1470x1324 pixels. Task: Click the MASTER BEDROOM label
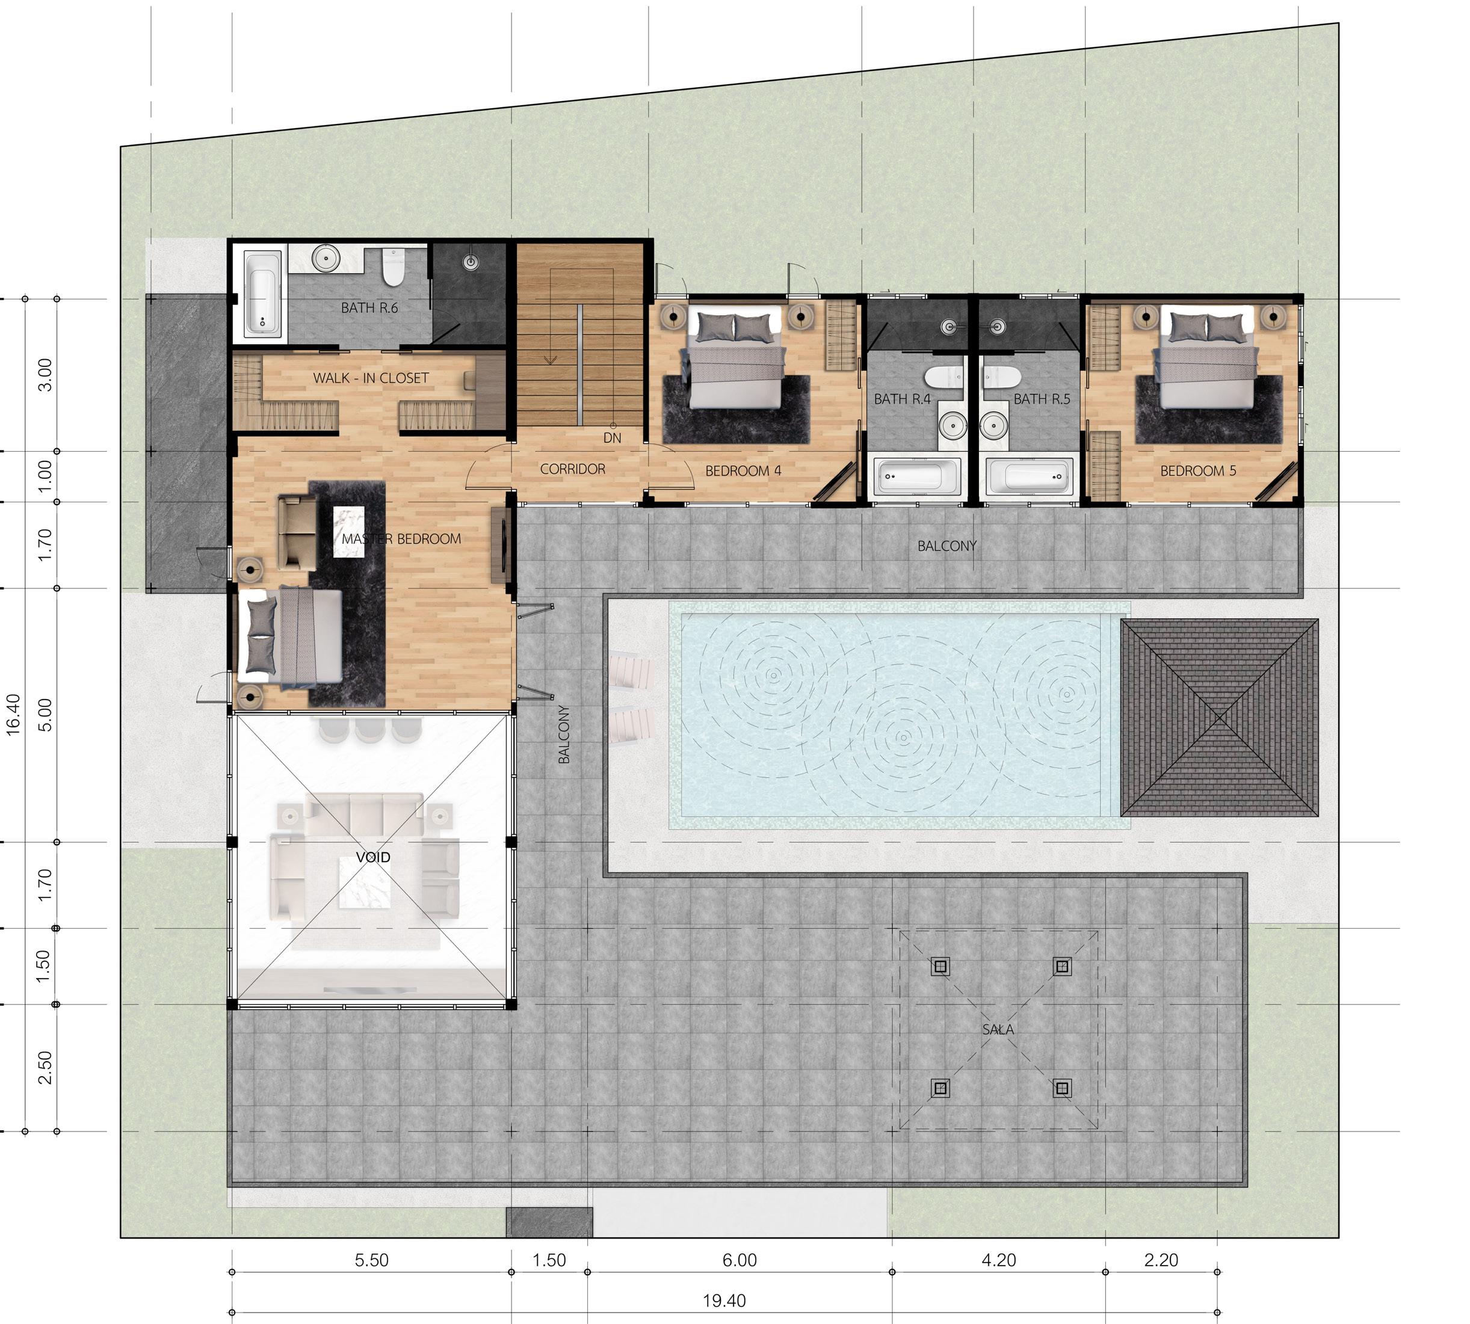pyautogui.click(x=401, y=539)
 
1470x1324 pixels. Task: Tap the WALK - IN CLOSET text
pyautogui.click(x=371, y=378)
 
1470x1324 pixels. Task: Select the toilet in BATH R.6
pyautogui.click(x=393, y=268)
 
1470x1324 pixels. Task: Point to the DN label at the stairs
pyautogui.click(x=612, y=438)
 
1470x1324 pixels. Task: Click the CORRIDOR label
pyautogui.click(x=572, y=469)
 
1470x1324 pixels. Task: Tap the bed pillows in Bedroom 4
pyautogui.click(x=737, y=327)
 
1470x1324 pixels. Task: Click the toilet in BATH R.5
pyautogui.click(x=1001, y=376)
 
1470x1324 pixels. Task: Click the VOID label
pyautogui.click(x=372, y=857)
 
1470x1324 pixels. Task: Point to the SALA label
pyautogui.click(x=997, y=1029)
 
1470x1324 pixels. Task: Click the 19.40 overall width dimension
pyautogui.click(x=724, y=1301)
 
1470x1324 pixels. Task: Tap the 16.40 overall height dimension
pyautogui.click(x=13, y=715)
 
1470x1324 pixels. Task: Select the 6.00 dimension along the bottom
pyautogui.click(x=740, y=1260)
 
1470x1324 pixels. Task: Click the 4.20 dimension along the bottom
pyautogui.click(x=998, y=1260)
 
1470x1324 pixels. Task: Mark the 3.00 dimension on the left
pyautogui.click(x=45, y=375)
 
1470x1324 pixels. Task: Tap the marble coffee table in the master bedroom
pyautogui.click(x=348, y=532)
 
